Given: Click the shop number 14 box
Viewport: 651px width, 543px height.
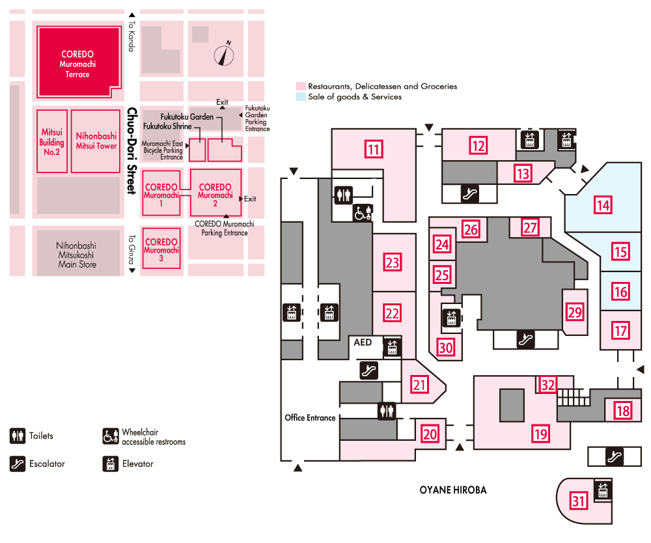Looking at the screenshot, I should point(603,206).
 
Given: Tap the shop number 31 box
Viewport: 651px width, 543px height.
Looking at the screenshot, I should point(578,501).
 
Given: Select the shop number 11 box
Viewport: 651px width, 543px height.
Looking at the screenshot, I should point(373,150).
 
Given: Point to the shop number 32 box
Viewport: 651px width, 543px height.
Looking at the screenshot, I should point(547,384).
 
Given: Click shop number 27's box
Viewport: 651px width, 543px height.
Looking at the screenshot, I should point(531,228).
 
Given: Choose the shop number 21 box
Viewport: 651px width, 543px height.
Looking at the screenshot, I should point(421,384).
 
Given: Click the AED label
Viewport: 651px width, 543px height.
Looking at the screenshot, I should point(362,342).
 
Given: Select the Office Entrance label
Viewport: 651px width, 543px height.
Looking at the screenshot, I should point(310,417).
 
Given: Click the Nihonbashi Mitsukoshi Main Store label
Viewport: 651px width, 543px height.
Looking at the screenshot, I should point(77,255).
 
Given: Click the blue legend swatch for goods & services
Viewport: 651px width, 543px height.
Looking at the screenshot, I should point(301,96).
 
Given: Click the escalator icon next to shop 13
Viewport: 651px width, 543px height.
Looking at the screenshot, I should point(467,192).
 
